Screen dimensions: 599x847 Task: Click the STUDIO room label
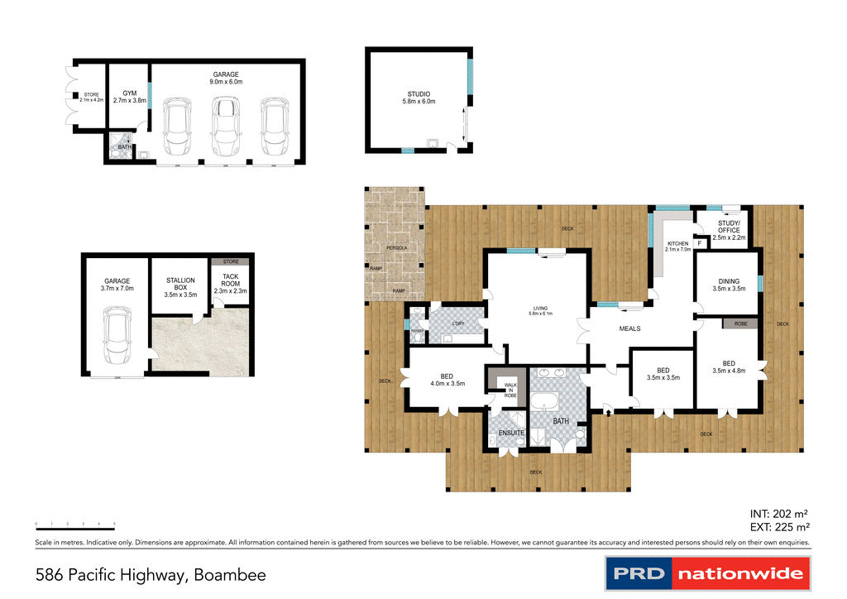click(419, 98)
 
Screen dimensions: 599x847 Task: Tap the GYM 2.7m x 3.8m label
click(129, 97)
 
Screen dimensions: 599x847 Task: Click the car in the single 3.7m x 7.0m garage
click(116, 339)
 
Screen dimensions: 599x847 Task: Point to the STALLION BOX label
click(179, 285)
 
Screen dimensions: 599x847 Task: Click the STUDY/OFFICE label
click(729, 230)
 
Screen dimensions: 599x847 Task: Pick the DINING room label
click(728, 285)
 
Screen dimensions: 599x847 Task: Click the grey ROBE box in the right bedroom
click(740, 324)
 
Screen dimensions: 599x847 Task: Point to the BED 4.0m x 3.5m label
click(447, 379)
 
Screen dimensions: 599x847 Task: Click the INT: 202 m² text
click(778, 513)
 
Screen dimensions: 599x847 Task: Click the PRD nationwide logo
click(707, 573)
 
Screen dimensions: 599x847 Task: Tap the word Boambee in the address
click(229, 574)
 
